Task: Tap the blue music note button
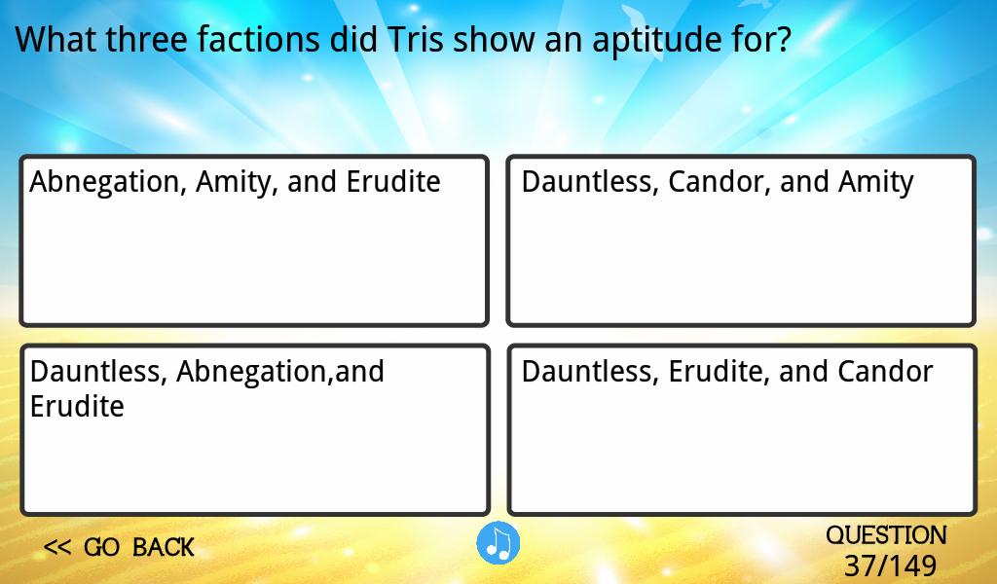pyautogui.click(x=498, y=543)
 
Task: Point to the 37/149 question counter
pyautogui.click(x=890, y=565)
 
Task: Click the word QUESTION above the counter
pyautogui.click(x=886, y=535)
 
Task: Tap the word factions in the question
pyautogui.click(x=257, y=39)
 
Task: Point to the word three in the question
pyautogui.click(x=146, y=39)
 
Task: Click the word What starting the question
pyautogui.click(x=55, y=39)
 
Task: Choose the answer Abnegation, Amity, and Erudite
pyautogui.click(x=254, y=240)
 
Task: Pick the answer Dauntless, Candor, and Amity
pyautogui.click(x=741, y=240)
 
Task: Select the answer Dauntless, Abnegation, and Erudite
pyautogui.click(x=255, y=429)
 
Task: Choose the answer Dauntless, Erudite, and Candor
pyautogui.click(x=741, y=429)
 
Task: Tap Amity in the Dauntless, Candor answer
pyautogui.click(x=875, y=182)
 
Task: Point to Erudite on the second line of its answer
pyautogui.click(x=77, y=406)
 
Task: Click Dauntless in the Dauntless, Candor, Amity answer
pyautogui.click(x=590, y=182)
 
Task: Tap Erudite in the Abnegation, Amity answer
pyautogui.click(x=393, y=182)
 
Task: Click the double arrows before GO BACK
pyautogui.click(x=57, y=547)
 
